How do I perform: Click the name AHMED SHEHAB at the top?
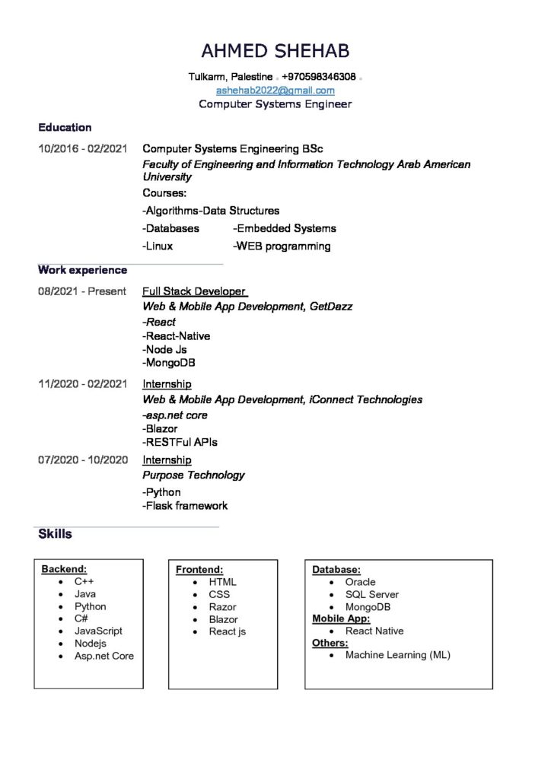point(275,51)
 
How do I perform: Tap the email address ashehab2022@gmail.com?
point(275,90)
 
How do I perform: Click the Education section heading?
point(65,128)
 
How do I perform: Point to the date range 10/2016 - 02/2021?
point(82,149)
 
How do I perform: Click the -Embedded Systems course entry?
point(284,228)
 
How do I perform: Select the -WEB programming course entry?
point(282,246)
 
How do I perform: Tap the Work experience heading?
point(82,270)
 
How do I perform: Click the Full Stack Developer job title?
point(194,291)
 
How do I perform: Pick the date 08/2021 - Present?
point(81,291)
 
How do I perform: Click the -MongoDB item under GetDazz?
point(169,363)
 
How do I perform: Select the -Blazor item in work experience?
point(160,428)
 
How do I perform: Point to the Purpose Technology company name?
point(193,475)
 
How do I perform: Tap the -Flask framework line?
point(185,505)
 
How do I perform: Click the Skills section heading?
point(55,534)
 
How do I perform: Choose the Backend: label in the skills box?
point(64,569)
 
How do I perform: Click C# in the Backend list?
point(81,618)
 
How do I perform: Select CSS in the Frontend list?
point(219,594)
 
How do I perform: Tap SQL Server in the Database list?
point(371,594)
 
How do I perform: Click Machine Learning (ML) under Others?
point(397,655)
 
